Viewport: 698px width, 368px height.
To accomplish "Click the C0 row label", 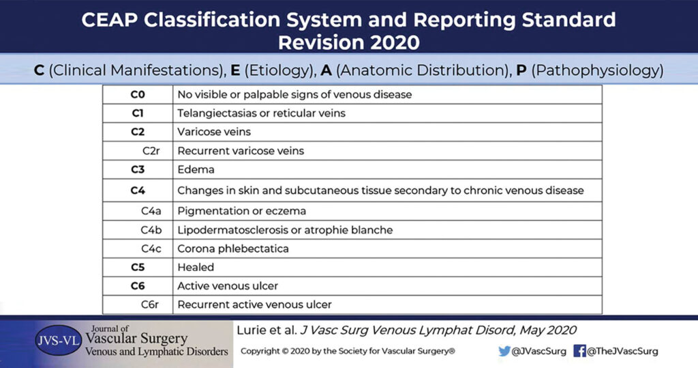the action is pyautogui.click(x=138, y=95).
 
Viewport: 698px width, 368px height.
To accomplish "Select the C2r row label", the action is pyautogui.click(x=151, y=151).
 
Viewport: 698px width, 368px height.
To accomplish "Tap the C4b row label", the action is pyautogui.click(x=151, y=230).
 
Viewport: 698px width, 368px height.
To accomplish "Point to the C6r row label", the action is pyautogui.click(x=150, y=305).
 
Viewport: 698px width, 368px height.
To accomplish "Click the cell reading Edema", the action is pyautogui.click(x=196, y=169).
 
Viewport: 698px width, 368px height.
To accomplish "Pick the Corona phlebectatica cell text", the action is pyautogui.click(x=233, y=249).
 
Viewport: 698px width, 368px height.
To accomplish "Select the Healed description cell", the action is pyautogui.click(x=196, y=267).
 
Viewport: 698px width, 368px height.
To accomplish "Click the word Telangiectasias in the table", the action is pyautogui.click(x=210, y=113).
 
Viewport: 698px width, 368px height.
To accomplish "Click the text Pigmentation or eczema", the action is pyautogui.click(x=242, y=211).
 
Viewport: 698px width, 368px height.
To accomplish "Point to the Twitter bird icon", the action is pyautogui.click(x=504, y=351).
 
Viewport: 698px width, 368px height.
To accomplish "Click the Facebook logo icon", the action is pyautogui.click(x=579, y=351).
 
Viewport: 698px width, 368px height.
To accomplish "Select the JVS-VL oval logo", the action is pyautogui.click(x=59, y=341).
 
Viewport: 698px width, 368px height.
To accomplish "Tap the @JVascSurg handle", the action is pyautogui.click(x=538, y=352).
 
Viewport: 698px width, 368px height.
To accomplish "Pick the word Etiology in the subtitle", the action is pyautogui.click(x=274, y=70).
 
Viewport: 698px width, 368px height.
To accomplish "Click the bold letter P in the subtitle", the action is pyautogui.click(x=521, y=70).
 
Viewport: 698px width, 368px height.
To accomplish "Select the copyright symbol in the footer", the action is pyautogui.click(x=284, y=351).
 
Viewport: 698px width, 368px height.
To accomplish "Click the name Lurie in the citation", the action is pyautogui.click(x=252, y=330).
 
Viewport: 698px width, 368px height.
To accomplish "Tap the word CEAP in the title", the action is pyautogui.click(x=110, y=20).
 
